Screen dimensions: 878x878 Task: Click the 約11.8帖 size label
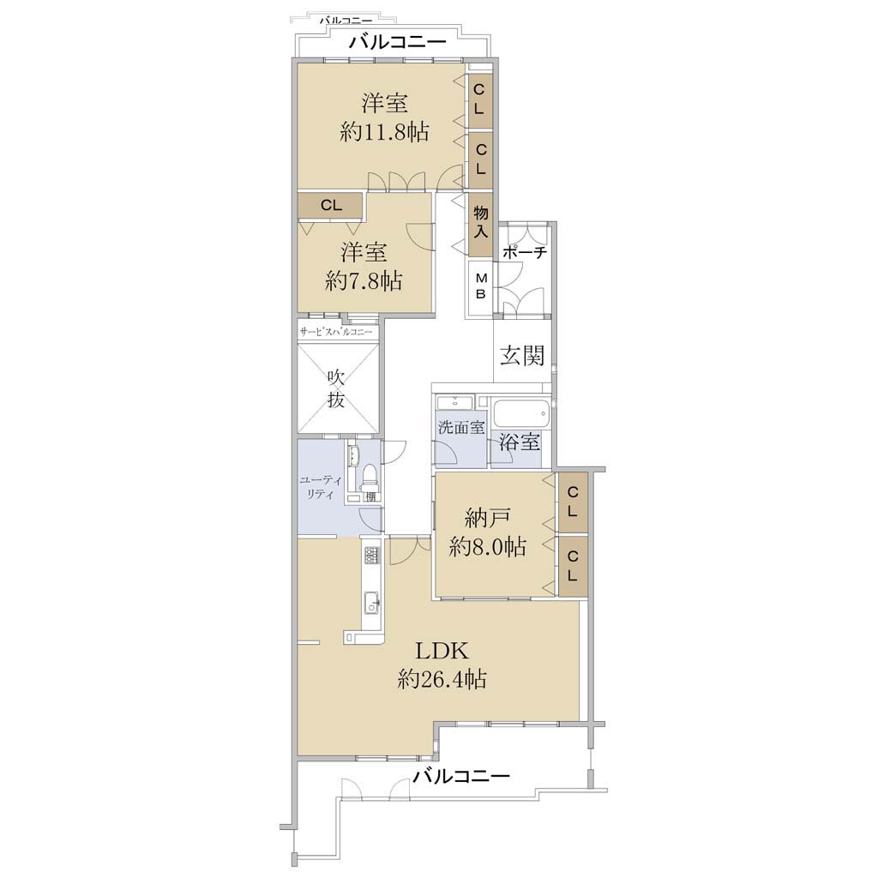385,133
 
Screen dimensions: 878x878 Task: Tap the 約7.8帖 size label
364,280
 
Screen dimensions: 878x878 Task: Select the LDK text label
442,651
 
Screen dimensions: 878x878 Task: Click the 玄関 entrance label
522,356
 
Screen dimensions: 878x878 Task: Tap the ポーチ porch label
525,252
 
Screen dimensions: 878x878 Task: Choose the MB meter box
480,286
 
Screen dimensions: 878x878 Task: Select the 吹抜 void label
336,390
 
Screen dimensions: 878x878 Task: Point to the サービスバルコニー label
336,332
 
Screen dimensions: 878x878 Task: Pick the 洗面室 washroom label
460,429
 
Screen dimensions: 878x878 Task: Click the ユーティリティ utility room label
317,488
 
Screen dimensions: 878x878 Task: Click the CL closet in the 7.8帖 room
331,206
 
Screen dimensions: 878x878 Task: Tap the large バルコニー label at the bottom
461,776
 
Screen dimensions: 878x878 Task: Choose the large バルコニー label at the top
397,42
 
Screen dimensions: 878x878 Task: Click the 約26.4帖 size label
442,679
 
